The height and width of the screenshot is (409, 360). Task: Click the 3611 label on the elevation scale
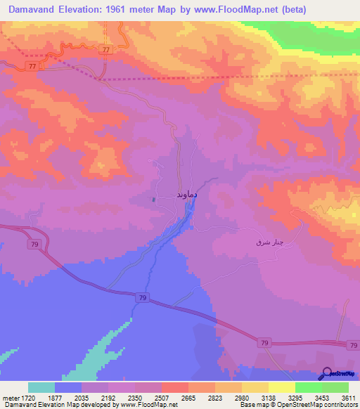tap(347, 397)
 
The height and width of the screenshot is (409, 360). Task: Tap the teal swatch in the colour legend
tap(41, 387)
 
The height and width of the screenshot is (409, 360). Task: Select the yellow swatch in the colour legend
tap(281, 387)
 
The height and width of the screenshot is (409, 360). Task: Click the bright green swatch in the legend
tap(308, 387)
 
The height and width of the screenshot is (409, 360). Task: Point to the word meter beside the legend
tap(11, 397)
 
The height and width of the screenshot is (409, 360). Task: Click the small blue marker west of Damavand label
tap(153, 199)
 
